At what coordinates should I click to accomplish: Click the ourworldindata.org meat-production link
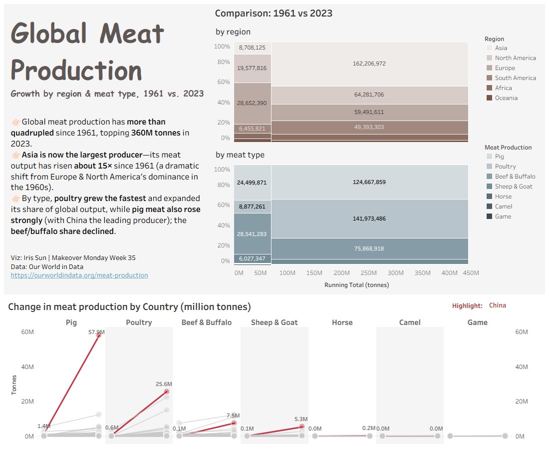click(79, 275)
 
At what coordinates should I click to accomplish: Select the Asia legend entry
click(501, 48)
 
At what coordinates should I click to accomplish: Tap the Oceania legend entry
click(506, 98)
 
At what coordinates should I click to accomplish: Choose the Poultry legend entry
click(505, 166)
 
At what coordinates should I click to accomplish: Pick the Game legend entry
click(503, 216)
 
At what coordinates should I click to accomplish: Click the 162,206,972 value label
click(369, 63)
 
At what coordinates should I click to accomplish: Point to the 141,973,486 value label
click(369, 218)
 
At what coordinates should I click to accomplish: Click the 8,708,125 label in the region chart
click(252, 47)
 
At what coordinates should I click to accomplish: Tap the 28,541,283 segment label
click(252, 234)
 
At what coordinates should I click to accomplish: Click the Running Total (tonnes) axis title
click(356, 285)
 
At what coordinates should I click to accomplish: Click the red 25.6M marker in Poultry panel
click(166, 392)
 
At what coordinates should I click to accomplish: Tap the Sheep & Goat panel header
click(274, 322)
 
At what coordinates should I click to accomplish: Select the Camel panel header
click(410, 322)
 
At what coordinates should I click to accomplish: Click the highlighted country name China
click(497, 305)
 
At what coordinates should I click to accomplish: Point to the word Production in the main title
click(76, 69)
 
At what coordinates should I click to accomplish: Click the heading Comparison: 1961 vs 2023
click(274, 13)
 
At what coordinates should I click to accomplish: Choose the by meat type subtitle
click(240, 155)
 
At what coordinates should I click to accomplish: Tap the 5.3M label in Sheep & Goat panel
click(300, 419)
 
